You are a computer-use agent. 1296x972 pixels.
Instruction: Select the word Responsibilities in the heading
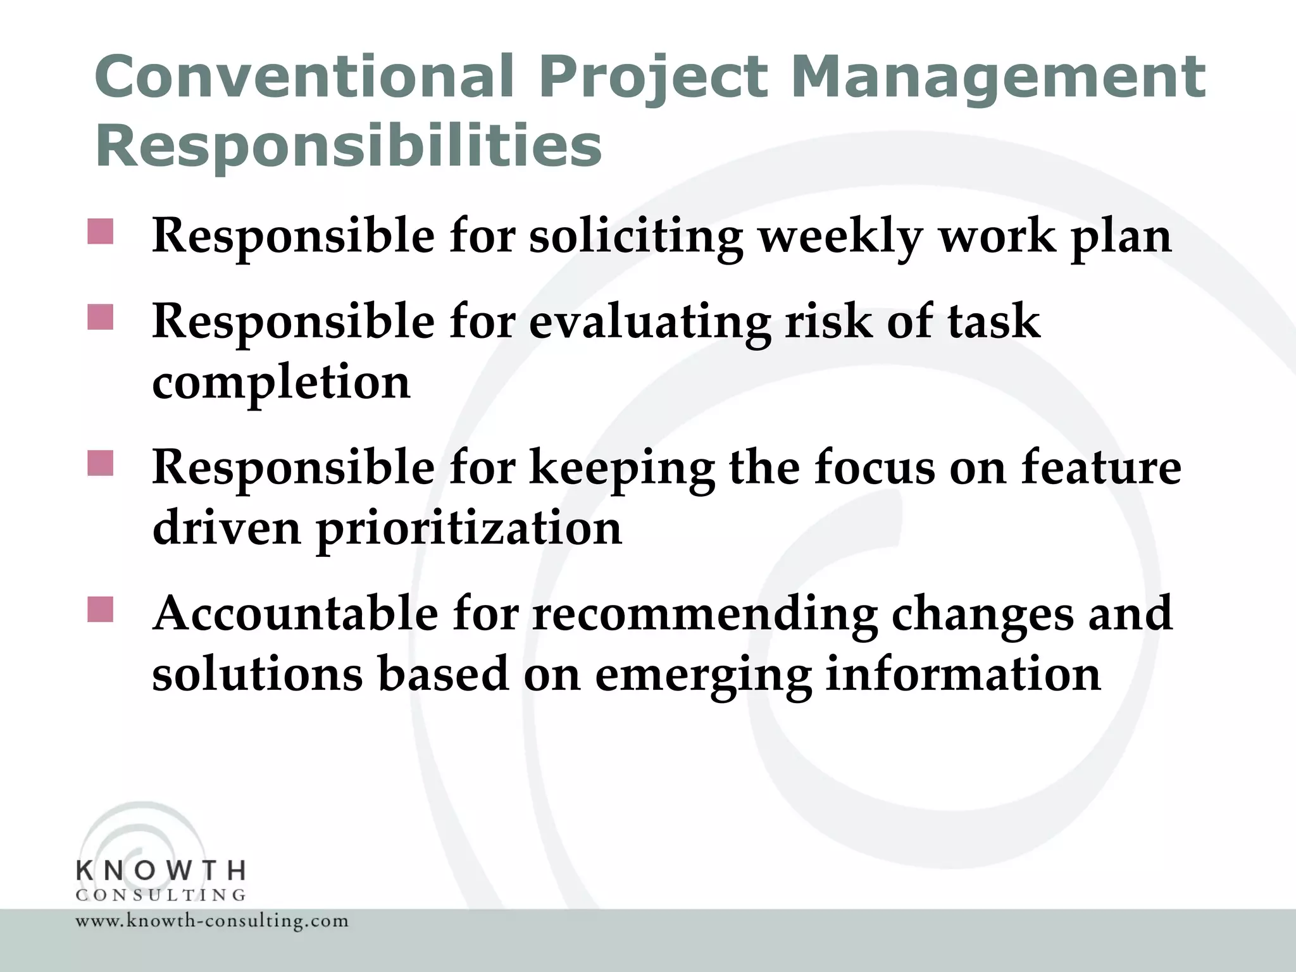(x=348, y=146)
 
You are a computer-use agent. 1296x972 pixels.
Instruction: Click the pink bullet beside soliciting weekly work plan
(x=100, y=232)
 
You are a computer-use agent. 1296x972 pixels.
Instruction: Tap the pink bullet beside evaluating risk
(x=100, y=318)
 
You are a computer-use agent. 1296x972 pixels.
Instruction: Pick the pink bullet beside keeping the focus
(x=100, y=463)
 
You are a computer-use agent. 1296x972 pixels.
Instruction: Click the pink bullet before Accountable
(x=100, y=609)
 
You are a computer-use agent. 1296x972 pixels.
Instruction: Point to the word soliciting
(x=635, y=237)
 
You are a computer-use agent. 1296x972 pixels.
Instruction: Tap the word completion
(x=281, y=383)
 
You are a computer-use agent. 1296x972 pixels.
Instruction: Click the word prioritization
(x=468, y=528)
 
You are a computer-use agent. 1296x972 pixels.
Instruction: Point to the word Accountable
(x=295, y=613)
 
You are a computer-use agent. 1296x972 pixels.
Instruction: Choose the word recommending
(x=704, y=614)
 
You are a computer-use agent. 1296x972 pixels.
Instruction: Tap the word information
(x=963, y=674)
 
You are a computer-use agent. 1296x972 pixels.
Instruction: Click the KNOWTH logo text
(x=161, y=871)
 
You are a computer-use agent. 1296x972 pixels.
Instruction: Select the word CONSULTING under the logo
(x=161, y=895)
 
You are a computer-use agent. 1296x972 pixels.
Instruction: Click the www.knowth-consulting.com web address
(x=212, y=921)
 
